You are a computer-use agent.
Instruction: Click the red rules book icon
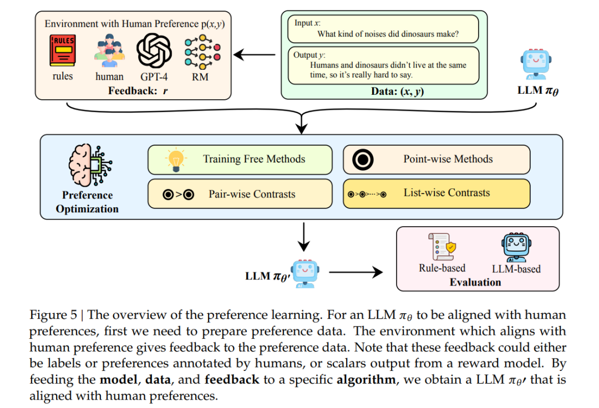[62, 50]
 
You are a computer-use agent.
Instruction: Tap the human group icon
[109, 51]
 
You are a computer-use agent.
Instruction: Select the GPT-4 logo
[154, 51]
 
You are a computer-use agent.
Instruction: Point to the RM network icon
[202, 52]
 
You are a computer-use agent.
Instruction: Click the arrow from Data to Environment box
[255, 55]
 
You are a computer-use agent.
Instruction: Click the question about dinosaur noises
[388, 34]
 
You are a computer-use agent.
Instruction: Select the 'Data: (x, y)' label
[397, 91]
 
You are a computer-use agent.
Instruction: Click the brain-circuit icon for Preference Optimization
[90, 165]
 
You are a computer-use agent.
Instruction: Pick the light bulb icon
[176, 160]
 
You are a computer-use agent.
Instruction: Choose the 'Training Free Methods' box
[240, 160]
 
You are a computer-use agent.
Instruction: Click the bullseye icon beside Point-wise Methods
[363, 160]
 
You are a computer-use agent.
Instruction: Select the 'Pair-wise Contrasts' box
[240, 194]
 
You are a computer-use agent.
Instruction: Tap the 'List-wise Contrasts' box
[436, 193]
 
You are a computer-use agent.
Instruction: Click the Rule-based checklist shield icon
[442, 247]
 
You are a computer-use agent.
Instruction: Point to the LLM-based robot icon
[516, 247]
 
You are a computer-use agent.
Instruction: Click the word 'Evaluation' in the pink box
[475, 282]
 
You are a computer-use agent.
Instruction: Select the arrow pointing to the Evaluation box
[356, 272]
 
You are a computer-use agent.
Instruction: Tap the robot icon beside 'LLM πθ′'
[305, 274]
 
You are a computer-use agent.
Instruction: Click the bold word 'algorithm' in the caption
[366, 380]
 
